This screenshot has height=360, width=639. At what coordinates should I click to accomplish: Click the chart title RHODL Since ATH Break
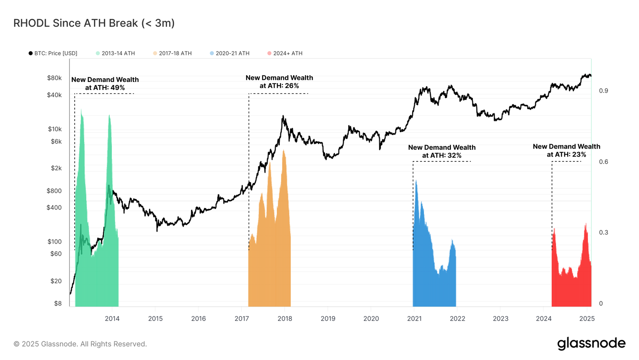coord(94,23)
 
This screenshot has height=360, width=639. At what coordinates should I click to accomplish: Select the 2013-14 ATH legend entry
coord(115,53)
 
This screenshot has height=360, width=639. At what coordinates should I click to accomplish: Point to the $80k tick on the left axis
coord(54,78)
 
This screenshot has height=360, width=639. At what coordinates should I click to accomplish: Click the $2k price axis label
coord(56,168)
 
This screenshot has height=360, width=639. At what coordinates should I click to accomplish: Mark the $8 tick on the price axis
coord(58,303)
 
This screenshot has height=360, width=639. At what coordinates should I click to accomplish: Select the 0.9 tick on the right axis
coord(603,91)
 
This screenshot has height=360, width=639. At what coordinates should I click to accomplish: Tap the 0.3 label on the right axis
coord(603,233)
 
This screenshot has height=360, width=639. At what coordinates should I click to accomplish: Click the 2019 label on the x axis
coord(328,318)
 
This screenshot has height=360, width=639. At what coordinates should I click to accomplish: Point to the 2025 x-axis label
coord(587,318)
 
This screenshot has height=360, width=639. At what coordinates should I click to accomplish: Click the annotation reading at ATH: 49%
coord(105,88)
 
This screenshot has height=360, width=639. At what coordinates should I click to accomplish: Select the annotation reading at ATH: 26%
coord(279,86)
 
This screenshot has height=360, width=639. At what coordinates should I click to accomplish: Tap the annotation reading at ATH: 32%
coord(442,155)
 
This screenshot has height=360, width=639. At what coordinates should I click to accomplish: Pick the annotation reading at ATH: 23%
coord(566,154)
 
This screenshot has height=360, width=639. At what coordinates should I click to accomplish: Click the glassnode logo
coord(591,344)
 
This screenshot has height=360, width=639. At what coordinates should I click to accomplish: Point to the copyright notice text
coord(80,344)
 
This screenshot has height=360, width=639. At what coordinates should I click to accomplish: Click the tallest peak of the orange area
coord(284,151)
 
